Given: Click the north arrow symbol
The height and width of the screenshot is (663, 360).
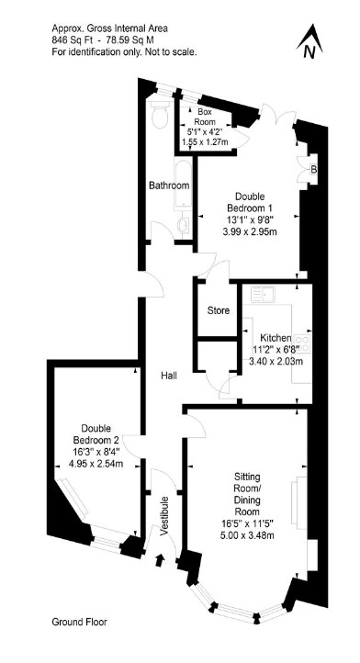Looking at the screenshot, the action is pyautogui.click(x=310, y=41).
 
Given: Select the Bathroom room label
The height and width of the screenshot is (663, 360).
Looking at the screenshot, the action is pyautogui.click(x=169, y=185).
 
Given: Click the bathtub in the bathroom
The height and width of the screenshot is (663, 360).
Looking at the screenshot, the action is pyautogui.click(x=183, y=185).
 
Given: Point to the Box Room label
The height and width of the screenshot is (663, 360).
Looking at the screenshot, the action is pyautogui.click(x=205, y=117).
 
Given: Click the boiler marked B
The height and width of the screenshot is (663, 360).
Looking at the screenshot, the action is pyautogui.click(x=313, y=169).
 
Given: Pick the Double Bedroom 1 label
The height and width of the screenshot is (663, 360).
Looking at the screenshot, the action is pyautogui.click(x=250, y=202).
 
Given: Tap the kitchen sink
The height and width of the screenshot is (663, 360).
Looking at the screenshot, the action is pyautogui.click(x=263, y=294).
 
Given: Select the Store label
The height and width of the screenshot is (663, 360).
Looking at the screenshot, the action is pyautogui.click(x=219, y=310).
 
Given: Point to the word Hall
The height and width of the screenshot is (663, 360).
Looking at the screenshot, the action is pyautogui.click(x=168, y=375).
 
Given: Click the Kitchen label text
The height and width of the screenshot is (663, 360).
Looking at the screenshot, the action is pyautogui.click(x=276, y=338).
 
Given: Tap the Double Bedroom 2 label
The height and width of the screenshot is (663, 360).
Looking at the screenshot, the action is pyautogui.click(x=96, y=433).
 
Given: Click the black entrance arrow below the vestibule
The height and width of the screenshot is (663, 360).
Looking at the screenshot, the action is pyautogui.click(x=160, y=560).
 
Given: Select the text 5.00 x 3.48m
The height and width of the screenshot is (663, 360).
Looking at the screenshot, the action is pyautogui.click(x=247, y=535).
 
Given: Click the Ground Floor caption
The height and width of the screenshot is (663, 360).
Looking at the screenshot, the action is pyautogui.click(x=79, y=622).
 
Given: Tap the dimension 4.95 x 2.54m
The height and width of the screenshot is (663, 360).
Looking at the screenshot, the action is pyautogui.click(x=96, y=464).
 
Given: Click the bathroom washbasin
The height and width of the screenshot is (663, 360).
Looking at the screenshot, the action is pyautogui.click(x=184, y=225).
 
